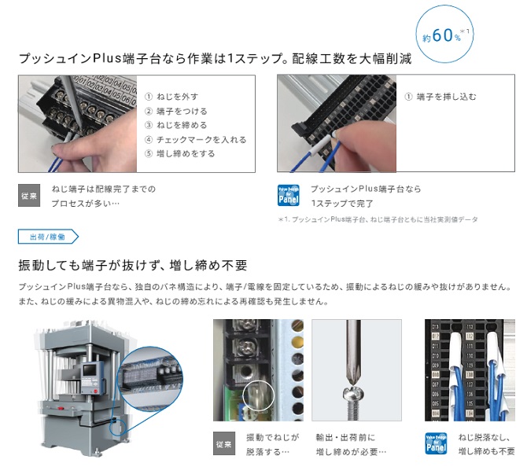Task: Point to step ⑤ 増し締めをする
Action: tap(180, 154)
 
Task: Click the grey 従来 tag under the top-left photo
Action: tap(29, 196)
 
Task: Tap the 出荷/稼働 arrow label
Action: tap(47, 237)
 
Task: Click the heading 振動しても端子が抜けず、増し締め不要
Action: tap(133, 264)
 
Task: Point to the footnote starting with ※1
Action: tap(378, 220)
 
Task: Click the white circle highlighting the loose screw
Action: tap(258, 395)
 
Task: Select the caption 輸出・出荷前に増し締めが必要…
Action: tap(351, 444)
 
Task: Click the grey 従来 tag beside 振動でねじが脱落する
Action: tap(224, 445)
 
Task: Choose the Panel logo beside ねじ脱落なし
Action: tap(437, 444)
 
